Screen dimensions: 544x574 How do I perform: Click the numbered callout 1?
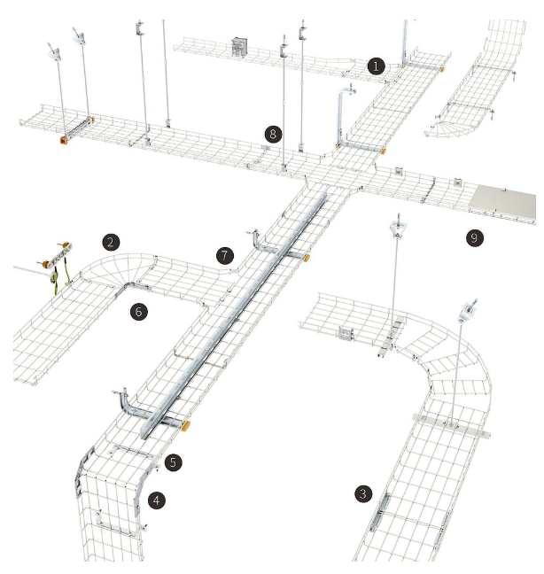pyautogui.click(x=376, y=66)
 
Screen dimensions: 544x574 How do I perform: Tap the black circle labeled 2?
pyautogui.click(x=111, y=242)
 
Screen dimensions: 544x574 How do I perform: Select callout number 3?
pyautogui.click(x=362, y=493)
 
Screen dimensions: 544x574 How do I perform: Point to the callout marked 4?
pyautogui.click(x=157, y=500)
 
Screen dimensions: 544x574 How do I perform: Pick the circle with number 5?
pyautogui.click(x=173, y=462)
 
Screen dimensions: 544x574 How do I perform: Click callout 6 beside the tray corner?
pyautogui.click(x=139, y=312)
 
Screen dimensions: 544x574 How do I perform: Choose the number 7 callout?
pyautogui.click(x=225, y=255)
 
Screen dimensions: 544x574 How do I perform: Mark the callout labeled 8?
pyautogui.click(x=273, y=134)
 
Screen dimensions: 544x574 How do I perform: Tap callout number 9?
pyautogui.click(x=474, y=238)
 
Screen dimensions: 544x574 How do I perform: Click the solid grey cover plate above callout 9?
pyautogui.click(x=503, y=203)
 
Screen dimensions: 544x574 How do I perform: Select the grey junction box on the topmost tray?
pyautogui.click(x=239, y=47)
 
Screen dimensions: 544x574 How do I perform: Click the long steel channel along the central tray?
pyautogui.click(x=234, y=314)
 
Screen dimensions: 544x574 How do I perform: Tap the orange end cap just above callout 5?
pyautogui.click(x=185, y=426)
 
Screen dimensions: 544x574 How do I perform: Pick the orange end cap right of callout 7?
pyautogui.click(x=306, y=258)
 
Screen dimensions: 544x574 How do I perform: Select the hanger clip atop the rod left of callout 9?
pyautogui.click(x=398, y=227)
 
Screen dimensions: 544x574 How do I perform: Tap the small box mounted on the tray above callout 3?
pyautogui.click(x=346, y=333)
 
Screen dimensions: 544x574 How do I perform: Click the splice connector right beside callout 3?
pyautogui.click(x=379, y=513)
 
